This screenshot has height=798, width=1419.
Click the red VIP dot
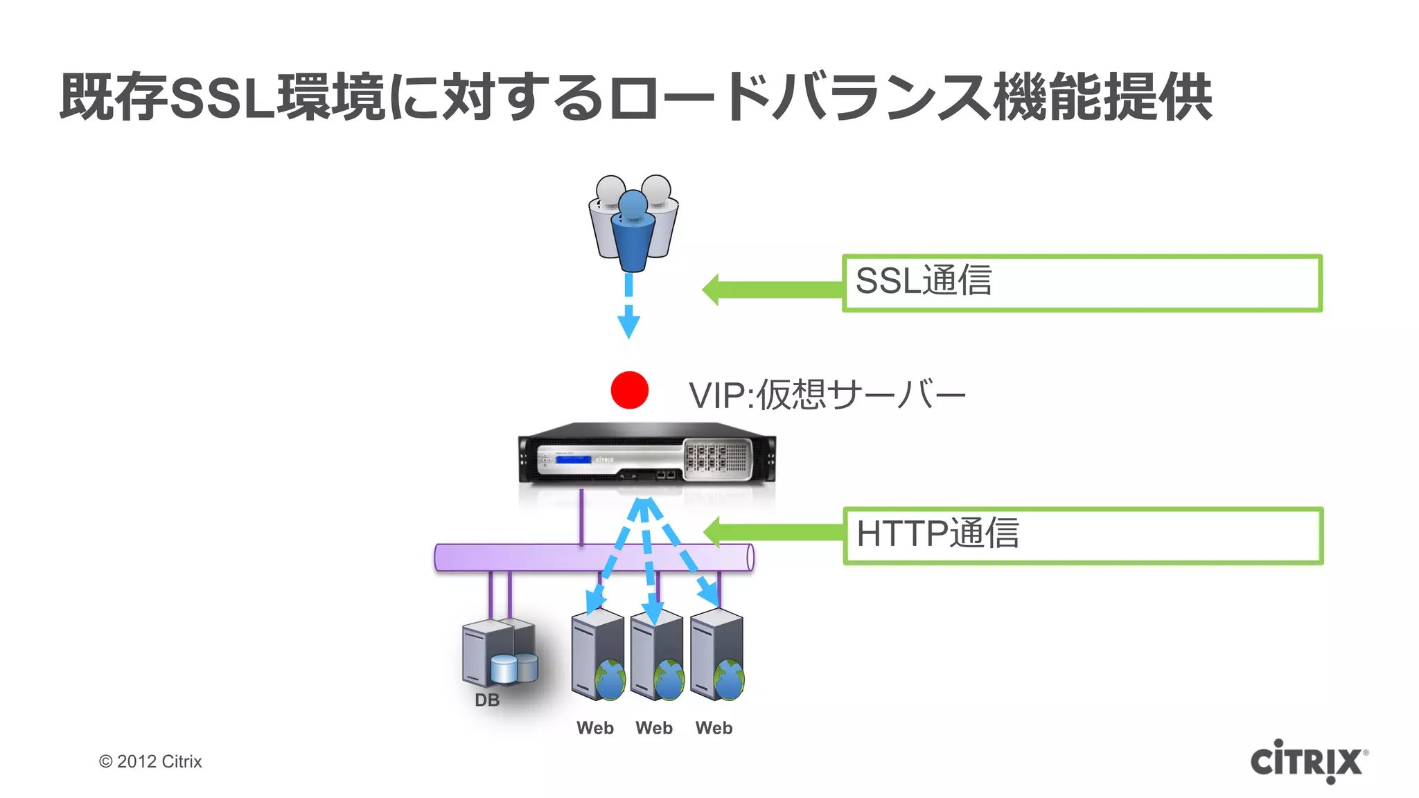629,390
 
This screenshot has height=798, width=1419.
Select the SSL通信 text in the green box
923,281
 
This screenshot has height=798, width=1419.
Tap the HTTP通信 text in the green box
937,533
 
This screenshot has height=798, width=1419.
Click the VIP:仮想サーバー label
826,395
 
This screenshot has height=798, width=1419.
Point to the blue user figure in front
633,232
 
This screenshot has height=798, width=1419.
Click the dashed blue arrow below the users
628,305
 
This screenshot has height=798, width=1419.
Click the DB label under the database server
487,700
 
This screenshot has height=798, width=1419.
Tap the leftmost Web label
595,728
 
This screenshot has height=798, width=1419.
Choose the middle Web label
654,728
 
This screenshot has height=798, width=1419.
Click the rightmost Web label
714,728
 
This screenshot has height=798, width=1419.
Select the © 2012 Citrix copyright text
150,761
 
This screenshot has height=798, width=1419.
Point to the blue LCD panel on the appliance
573,459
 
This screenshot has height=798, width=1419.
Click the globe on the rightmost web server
730,680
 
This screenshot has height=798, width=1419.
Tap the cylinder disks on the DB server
513,668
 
